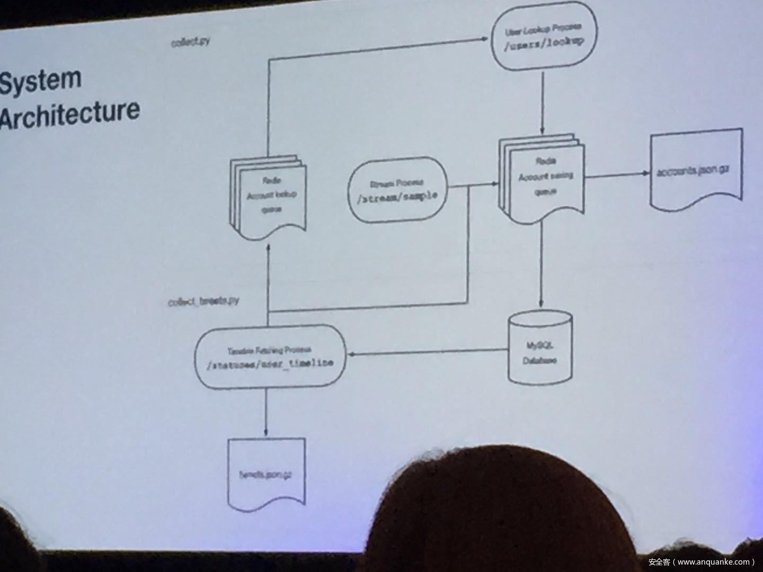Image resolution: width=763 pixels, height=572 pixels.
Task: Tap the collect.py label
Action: pos(190,42)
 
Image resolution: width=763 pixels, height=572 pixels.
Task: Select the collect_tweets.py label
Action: pos(203,301)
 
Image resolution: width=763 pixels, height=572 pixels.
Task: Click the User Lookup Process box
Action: pos(544,36)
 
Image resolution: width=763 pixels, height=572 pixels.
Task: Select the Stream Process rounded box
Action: pos(397,190)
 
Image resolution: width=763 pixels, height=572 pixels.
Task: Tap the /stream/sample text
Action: pos(397,197)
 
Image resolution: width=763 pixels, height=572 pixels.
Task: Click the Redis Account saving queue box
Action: pos(543,177)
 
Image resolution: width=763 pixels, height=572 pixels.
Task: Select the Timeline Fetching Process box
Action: pos(270,356)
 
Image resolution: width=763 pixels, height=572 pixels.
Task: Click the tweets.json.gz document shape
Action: pos(267,474)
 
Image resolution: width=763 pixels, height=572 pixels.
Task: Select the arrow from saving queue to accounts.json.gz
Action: pos(617,175)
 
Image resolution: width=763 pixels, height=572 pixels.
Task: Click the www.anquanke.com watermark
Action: pos(702,562)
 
